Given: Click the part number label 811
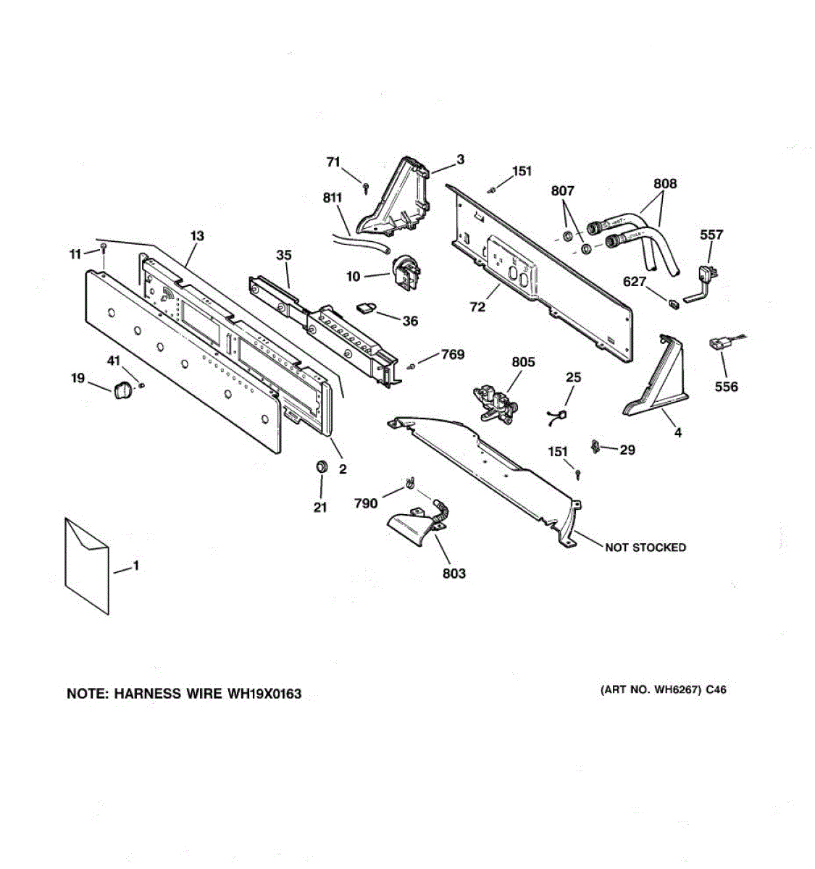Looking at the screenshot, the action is click(x=333, y=198).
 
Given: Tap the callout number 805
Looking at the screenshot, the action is click(x=523, y=362).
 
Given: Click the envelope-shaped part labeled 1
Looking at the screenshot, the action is click(x=87, y=566).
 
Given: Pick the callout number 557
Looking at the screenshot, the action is click(x=711, y=235).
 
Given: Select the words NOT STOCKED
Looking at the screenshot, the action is click(x=645, y=547).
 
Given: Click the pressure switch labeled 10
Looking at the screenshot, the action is click(x=406, y=273).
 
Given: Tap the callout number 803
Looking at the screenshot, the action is click(x=454, y=574).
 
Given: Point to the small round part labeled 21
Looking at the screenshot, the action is click(x=322, y=466).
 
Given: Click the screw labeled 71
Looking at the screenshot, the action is click(x=366, y=188).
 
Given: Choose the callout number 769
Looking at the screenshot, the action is click(x=452, y=354).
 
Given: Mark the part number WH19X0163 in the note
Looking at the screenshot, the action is click(x=264, y=694).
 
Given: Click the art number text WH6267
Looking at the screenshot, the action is click(x=674, y=690).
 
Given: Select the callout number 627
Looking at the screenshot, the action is click(x=635, y=282).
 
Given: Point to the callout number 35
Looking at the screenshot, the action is click(x=284, y=255).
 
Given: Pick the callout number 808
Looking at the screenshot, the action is click(x=665, y=184).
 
